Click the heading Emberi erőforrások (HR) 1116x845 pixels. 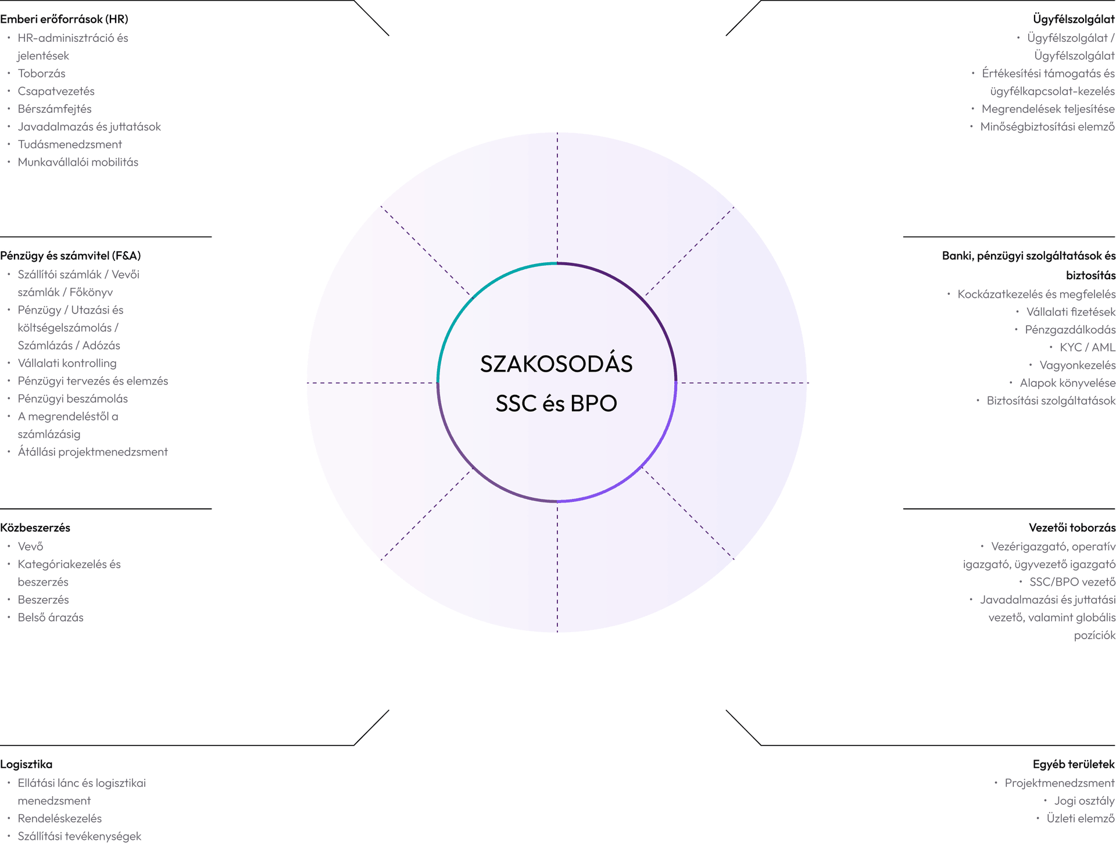tap(64, 19)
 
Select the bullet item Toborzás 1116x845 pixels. tap(41, 73)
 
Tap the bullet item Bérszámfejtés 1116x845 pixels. tap(55, 109)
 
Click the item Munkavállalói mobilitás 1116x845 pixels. tap(78, 162)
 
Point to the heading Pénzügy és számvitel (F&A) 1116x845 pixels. tap(70, 256)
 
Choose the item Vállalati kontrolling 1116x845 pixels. tap(67, 363)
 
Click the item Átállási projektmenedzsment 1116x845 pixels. tap(92, 452)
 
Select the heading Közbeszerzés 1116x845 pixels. tap(35, 528)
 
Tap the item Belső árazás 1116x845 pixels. tap(51, 618)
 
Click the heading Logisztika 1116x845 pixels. tap(26, 765)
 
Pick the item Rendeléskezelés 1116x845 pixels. tap(59, 819)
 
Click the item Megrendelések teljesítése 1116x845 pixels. tap(1048, 109)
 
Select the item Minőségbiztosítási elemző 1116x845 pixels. tap(1047, 127)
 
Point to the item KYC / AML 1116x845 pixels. tap(1088, 347)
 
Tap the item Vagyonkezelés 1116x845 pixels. tap(1078, 365)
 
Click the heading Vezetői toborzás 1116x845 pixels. tap(1072, 528)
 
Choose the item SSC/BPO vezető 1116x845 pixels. tap(1072, 582)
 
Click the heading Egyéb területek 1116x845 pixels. tap(1074, 765)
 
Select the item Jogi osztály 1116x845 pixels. tap(1085, 801)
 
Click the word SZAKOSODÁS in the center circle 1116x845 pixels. tap(556, 364)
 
